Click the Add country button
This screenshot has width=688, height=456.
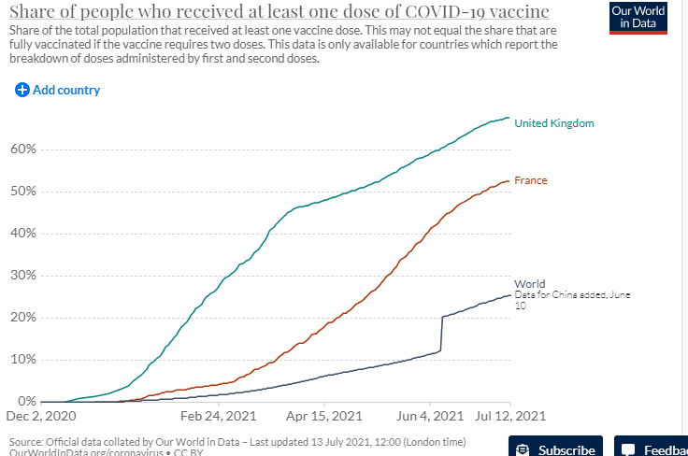[x=58, y=91]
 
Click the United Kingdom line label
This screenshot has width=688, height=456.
[x=554, y=123]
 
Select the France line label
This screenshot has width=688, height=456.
[x=531, y=180]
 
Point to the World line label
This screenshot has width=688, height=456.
[x=529, y=284]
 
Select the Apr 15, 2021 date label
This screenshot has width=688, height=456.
[x=325, y=414]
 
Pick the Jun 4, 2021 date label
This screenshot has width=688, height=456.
[x=430, y=414]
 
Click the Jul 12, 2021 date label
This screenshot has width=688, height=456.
[x=510, y=414]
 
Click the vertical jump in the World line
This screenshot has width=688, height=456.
[x=441, y=334]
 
